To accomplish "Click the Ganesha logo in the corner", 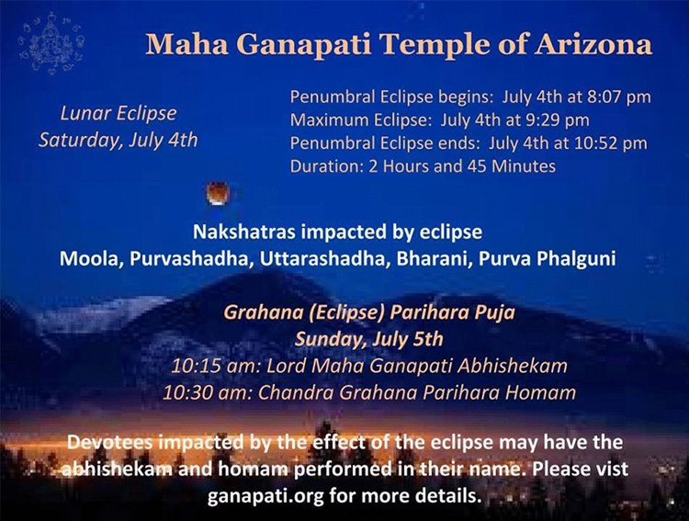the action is pos(51,43).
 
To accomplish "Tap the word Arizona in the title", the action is pos(593,44).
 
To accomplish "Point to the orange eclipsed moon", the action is pos(218,194).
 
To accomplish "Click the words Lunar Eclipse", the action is pos(119,113).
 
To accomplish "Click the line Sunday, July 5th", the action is pos(368,339).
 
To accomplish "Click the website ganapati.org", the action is pos(265,496).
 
